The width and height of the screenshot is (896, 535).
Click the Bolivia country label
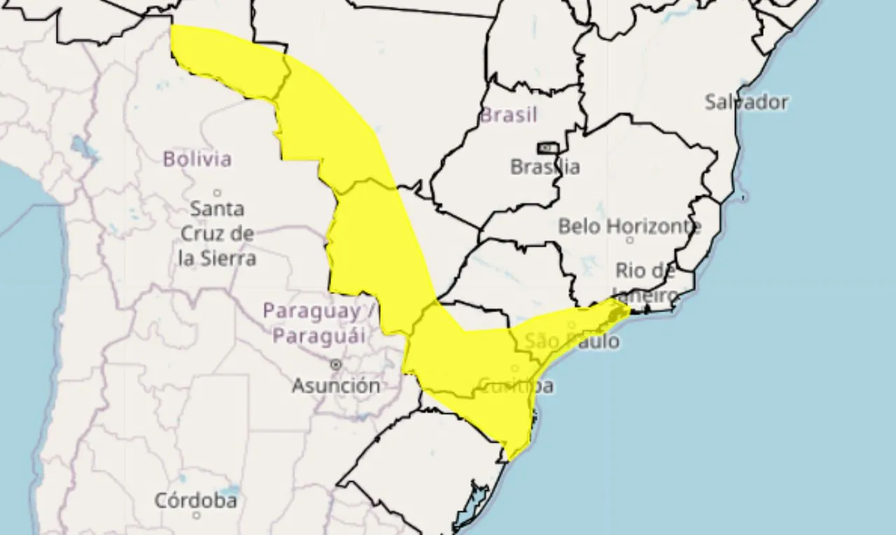pyautogui.click(x=197, y=159)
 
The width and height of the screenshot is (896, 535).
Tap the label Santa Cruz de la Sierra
pyautogui.click(x=217, y=233)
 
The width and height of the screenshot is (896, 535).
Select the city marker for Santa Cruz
pyautogui.click(x=217, y=193)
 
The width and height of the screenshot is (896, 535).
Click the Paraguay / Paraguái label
pyautogui.click(x=320, y=323)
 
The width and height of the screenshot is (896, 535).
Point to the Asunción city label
pyautogui.click(x=336, y=385)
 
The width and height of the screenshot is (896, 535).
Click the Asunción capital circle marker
pyautogui.click(x=336, y=365)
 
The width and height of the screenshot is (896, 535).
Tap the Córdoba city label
pyautogui.click(x=195, y=501)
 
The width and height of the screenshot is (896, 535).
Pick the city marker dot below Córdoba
pyautogui.click(x=195, y=517)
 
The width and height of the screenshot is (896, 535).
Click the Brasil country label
pyautogui.click(x=508, y=115)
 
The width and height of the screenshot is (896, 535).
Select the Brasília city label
pyautogui.click(x=545, y=167)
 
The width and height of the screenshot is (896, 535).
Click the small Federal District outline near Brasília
pyautogui.click(x=547, y=148)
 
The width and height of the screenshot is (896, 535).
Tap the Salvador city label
pyautogui.click(x=746, y=102)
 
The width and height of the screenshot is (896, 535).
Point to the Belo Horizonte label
pyautogui.click(x=629, y=226)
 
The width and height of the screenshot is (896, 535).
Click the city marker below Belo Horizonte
pyautogui.click(x=629, y=240)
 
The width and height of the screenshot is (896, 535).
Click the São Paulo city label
pyautogui.click(x=572, y=342)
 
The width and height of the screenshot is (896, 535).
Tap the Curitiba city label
pyautogui.click(x=516, y=385)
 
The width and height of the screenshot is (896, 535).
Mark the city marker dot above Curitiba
pyautogui.click(x=515, y=368)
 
